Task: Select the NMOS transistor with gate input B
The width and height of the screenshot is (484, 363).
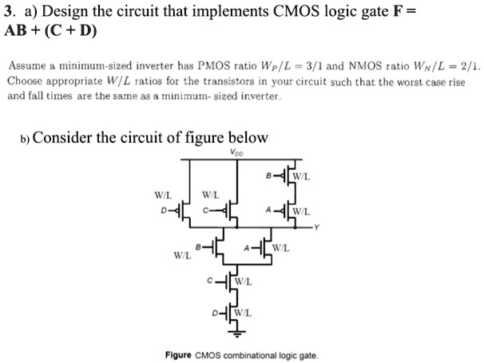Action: pyautogui.click(x=215, y=248)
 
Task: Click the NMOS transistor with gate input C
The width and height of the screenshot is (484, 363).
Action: pyautogui.click(x=230, y=281)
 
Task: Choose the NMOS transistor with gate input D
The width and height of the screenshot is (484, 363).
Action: pyautogui.click(x=230, y=310)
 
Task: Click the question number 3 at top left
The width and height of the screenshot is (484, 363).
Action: pyautogui.click(x=10, y=14)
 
